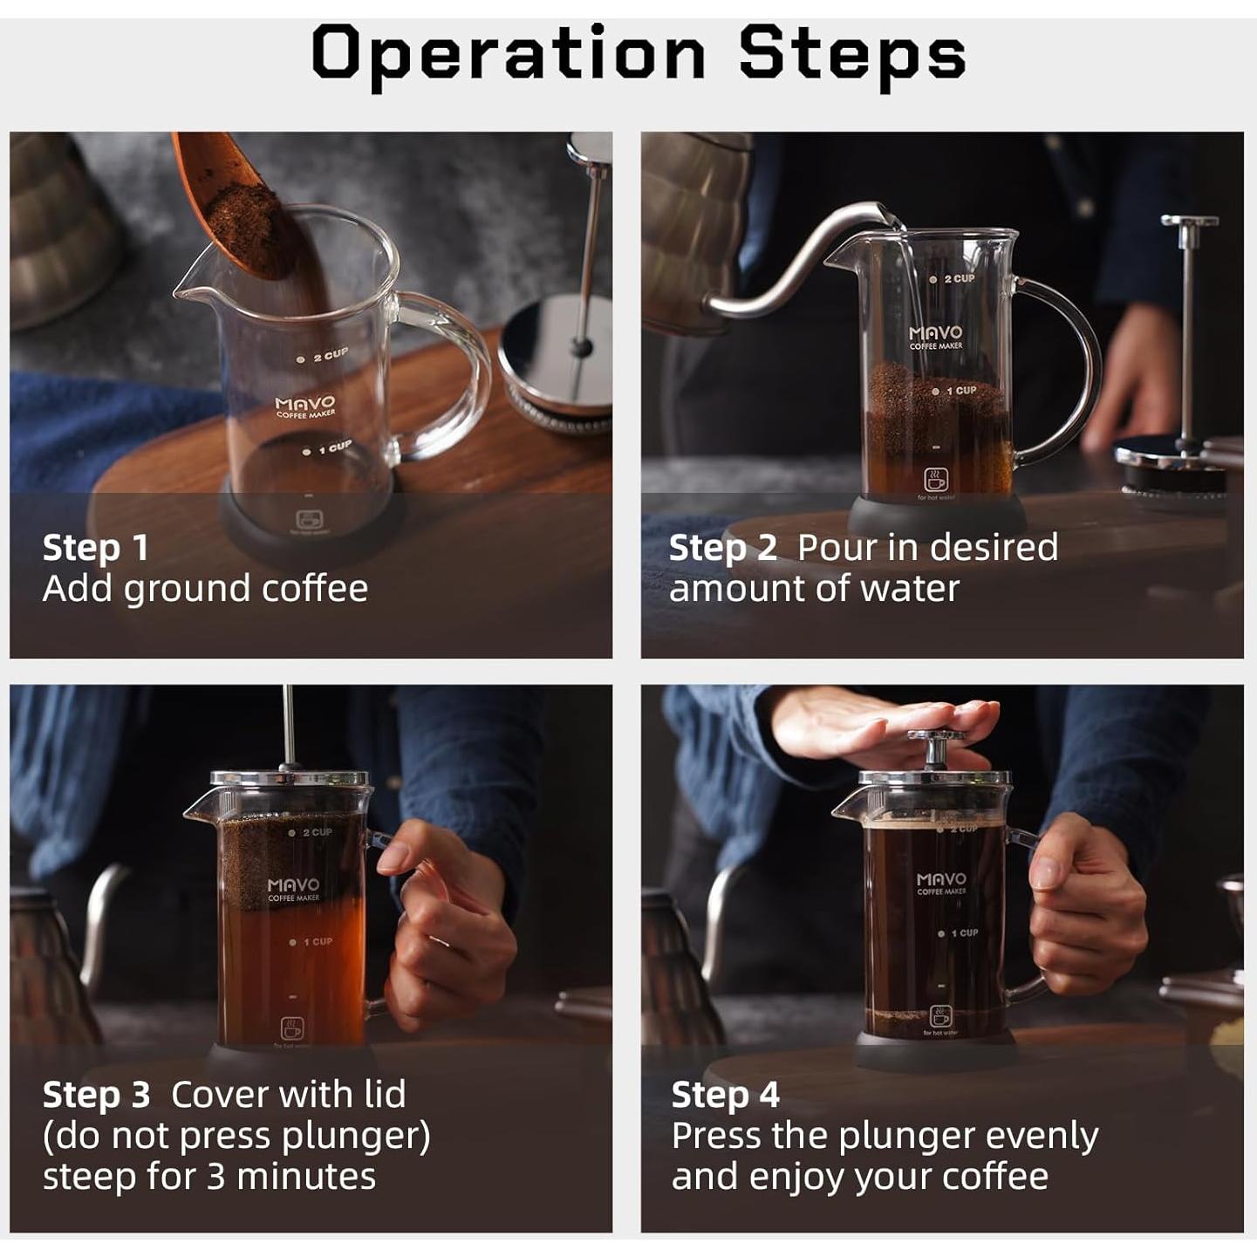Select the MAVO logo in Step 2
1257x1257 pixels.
[x=935, y=338]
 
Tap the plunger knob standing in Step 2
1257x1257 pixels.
[x=1189, y=222]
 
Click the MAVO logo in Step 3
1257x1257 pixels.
[x=294, y=890]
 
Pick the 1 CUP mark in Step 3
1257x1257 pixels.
[x=311, y=942]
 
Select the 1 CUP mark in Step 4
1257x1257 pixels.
[x=959, y=933]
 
